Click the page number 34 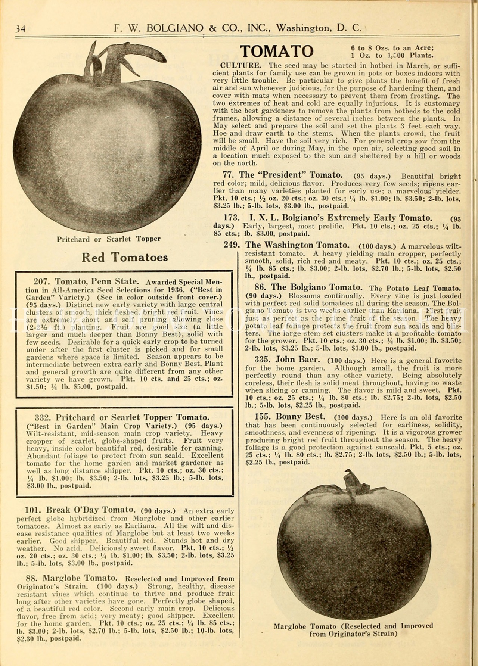click(x=20, y=29)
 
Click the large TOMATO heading click(x=276, y=52)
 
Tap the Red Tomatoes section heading click(x=125, y=257)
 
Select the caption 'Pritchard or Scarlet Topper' click(x=108, y=239)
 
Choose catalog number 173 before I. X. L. click(x=232, y=218)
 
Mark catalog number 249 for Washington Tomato click(x=232, y=245)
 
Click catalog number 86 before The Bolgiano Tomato click(x=260, y=287)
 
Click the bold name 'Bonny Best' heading click(x=300, y=417)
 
